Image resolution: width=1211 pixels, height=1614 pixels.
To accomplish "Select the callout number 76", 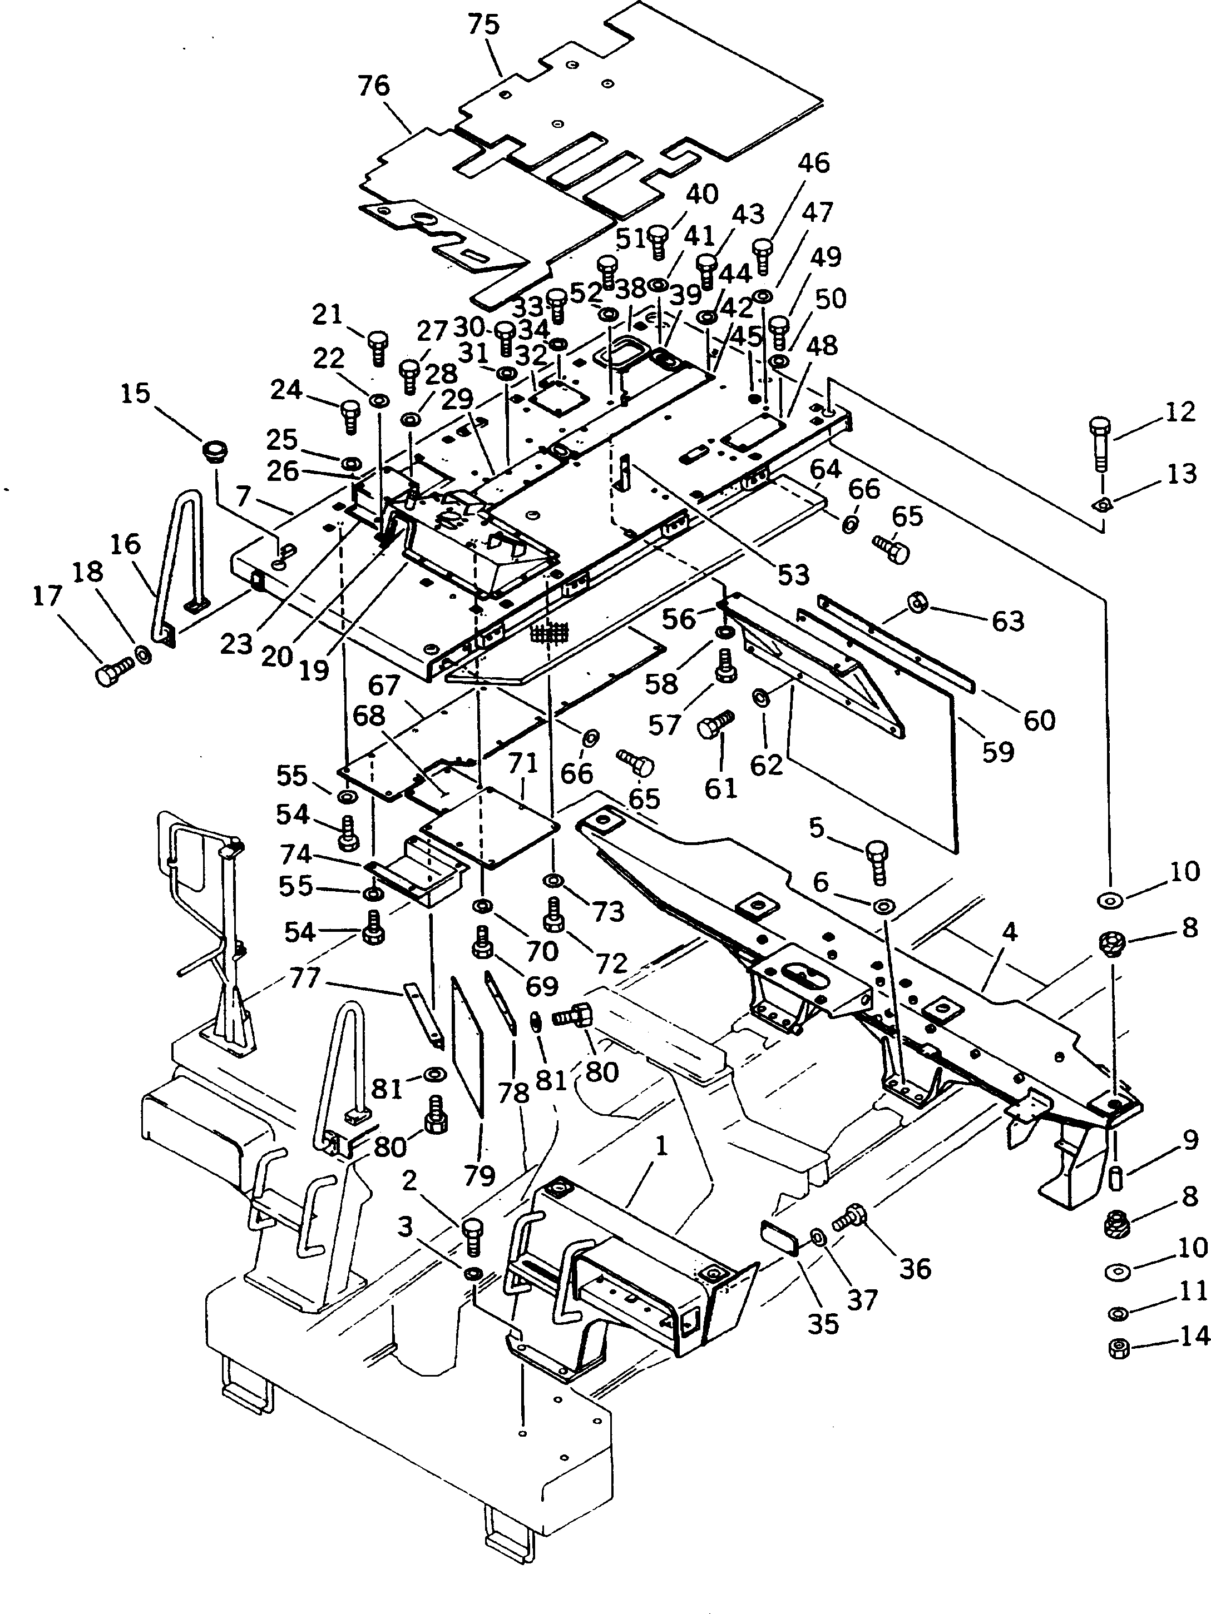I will pos(374,86).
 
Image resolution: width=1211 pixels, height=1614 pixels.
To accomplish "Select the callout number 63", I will pos(1007,621).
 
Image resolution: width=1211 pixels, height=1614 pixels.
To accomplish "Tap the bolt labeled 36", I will pos(849,1218).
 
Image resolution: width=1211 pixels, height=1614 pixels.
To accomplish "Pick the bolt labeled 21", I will pos(378,345).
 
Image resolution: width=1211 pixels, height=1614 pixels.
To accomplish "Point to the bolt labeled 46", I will pos(762,252).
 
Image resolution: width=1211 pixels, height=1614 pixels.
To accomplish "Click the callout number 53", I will pos(793,574).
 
